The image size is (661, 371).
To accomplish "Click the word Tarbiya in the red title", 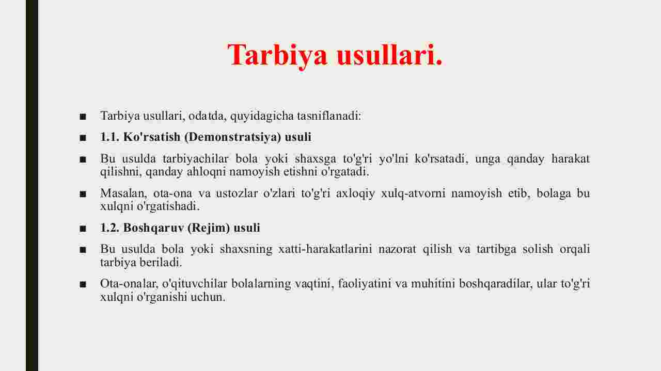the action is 277,55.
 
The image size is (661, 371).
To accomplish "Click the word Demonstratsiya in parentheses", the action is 233,137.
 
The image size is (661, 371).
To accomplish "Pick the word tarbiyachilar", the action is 195,159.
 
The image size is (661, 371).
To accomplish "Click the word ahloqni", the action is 206,172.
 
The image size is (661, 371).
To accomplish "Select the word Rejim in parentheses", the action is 209,228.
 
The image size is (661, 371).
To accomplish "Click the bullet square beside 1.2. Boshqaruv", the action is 83,229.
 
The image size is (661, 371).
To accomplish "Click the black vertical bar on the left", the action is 32,186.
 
